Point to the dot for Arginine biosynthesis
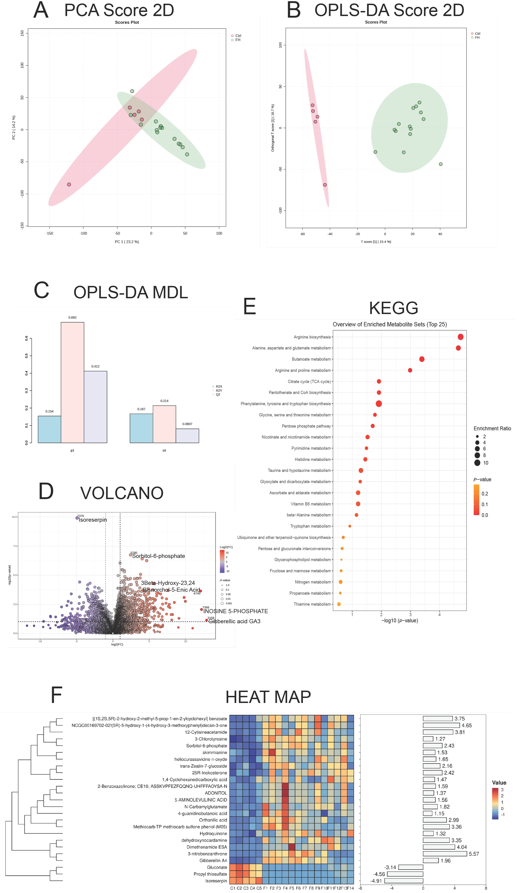click(460, 337)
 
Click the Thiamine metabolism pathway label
click(312, 604)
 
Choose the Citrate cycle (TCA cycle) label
click(309, 382)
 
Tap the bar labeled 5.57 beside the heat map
click(445, 854)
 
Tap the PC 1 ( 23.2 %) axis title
click(127, 242)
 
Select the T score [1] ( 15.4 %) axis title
click(376, 242)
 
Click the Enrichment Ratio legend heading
click(492, 428)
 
